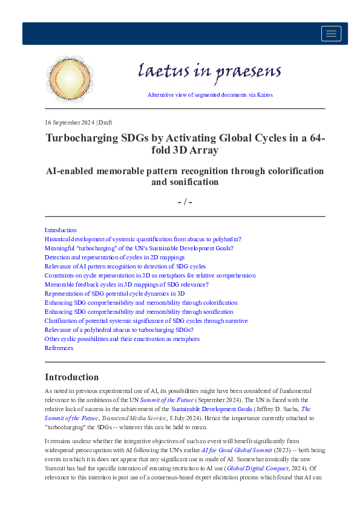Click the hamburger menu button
(x=331, y=34)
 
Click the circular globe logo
(x=70, y=79)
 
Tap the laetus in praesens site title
(x=210, y=71)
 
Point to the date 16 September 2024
(x=70, y=122)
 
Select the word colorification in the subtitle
(x=294, y=171)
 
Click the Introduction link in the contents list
(x=61, y=230)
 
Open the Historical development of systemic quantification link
(x=143, y=239)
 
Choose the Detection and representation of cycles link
(x=114, y=257)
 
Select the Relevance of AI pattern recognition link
(x=125, y=266)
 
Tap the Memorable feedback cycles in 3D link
(x=126, y=284)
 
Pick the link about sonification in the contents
(x=139, y=311)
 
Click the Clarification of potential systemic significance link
(x=146, y=320)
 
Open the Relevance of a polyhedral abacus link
(x=119, y=329)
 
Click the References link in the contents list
(x=59, y=348)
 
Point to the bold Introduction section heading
(x=71, y=377)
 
